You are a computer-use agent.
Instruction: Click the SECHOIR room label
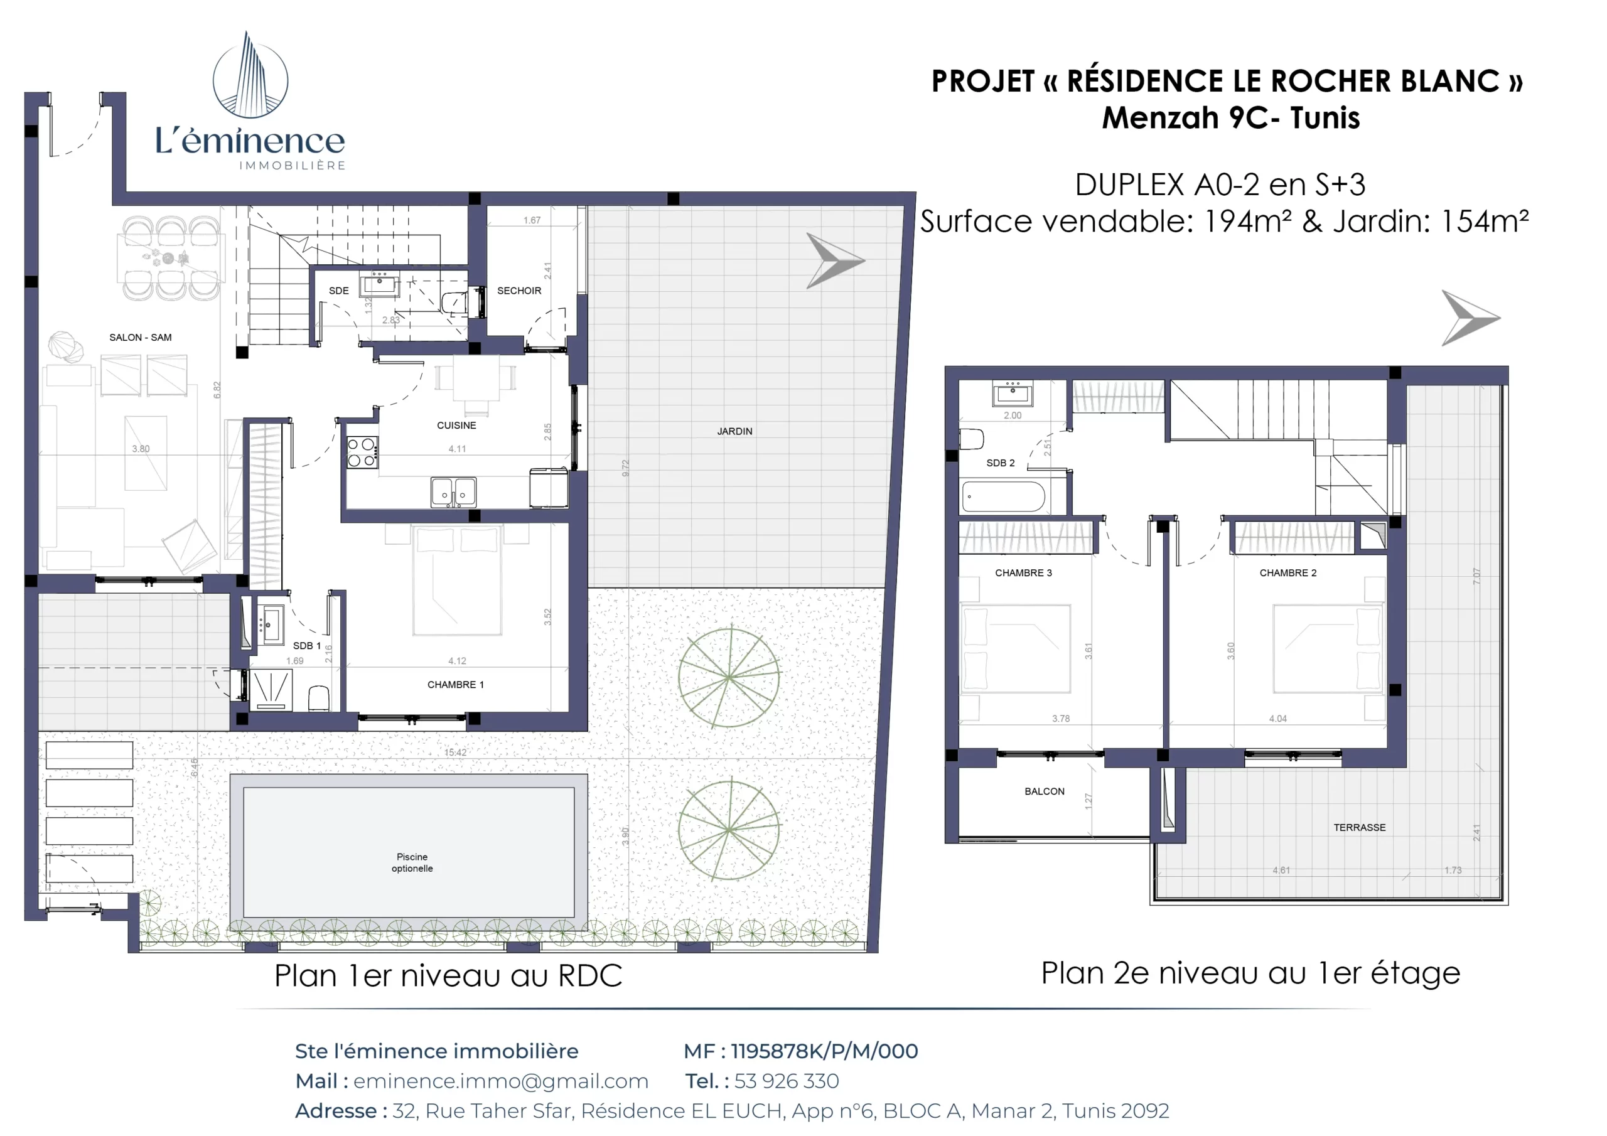(x=519, y=291)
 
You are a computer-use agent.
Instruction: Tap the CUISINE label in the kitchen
(x=456, y=426)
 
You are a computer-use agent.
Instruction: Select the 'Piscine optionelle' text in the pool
(x=412, y=862)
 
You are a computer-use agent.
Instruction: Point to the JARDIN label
(x=734, y=431)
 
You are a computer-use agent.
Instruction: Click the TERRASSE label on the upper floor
(x=1359, y=827)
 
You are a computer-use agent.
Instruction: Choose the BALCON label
(x=1045, y=791)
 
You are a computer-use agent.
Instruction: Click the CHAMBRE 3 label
(x=1023, y=572)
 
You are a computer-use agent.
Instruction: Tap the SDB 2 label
(x=1000, y=463)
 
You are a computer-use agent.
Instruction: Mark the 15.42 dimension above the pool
(x=455, y=753)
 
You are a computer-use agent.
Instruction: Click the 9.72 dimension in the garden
(x=626, y=468)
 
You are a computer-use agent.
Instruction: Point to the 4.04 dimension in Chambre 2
(x=1278, y=719)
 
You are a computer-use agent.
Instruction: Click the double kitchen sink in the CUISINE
(x=454, y=491)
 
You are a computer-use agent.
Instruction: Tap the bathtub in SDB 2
(x=1003, y=496)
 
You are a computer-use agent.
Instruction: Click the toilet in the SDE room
(x=455, y=303)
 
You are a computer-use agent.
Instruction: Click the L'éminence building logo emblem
(x=250, y=75)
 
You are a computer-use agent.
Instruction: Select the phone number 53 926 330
(x=786, y=1081)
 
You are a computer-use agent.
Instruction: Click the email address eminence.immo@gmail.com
(x=500, y=1081)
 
